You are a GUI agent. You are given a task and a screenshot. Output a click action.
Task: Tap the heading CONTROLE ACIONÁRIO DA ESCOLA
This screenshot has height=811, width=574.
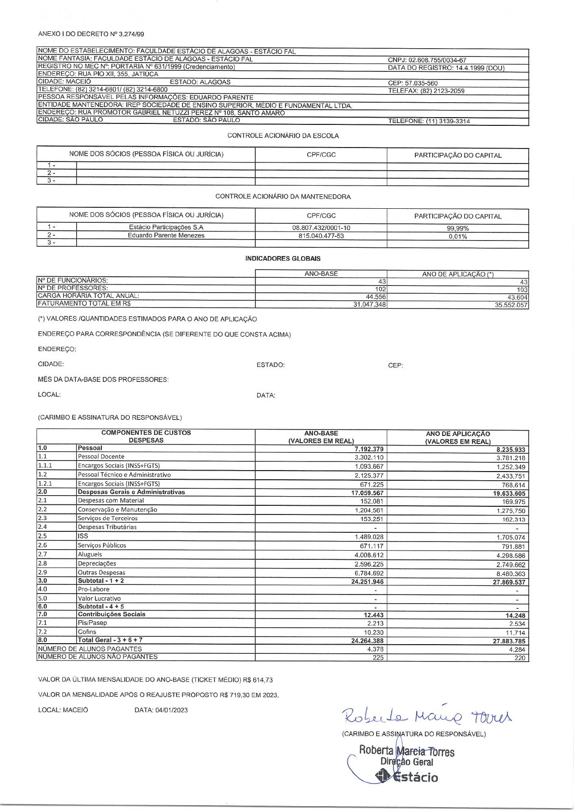pyautogui.click(x=283, y=136)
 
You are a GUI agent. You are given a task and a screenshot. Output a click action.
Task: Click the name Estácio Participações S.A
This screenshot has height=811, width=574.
pyautogui.click(x=166, y=227)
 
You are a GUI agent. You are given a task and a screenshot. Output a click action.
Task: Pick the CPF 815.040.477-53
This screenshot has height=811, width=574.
pyautogui.click(x=321, y=236)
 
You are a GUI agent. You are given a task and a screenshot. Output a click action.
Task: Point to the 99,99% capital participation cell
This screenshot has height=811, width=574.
pyautogui.click(x=458, y=229)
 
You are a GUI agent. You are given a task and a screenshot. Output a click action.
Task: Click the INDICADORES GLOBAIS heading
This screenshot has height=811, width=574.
pyautogui.click(x=283, y=258)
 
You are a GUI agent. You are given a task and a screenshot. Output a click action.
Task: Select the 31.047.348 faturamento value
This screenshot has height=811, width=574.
pyautogui.click(x=369, y=305)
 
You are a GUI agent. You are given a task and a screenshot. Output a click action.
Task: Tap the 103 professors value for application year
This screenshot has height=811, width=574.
pyautogui.click(x=522, y=290)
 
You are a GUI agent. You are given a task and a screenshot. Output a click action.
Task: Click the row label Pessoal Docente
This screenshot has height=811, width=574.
pyautogui.click(x=101, y=457)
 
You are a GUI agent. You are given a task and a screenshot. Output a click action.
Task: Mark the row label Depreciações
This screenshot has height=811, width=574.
pyautogui.click(x=97, y=563)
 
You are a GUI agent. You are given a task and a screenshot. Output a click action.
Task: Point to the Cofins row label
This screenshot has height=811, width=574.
pyautogui.click(x=87, y=632)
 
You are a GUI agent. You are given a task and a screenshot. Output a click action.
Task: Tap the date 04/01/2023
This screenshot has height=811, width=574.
pyautogui.click(x=171, y=710)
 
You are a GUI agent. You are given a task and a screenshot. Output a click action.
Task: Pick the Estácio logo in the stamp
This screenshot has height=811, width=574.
pyautogui.click(x=408, y=777)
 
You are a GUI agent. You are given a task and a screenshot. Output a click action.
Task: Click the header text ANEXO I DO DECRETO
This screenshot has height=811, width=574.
pyautogui.click(x=91, y=34)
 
